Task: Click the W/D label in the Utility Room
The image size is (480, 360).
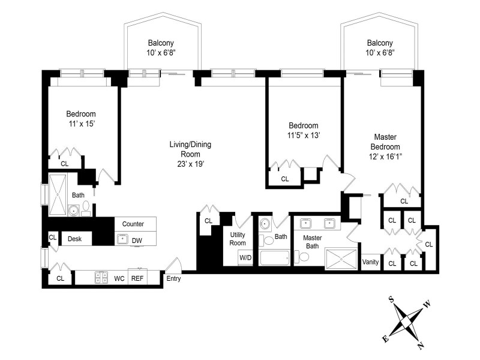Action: coord(245,258)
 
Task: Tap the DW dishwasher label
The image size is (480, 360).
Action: coord(137,239)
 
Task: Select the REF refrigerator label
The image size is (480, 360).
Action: coord(137,278)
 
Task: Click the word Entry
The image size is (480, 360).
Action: coord(173,278)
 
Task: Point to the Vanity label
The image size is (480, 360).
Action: coord(370,262)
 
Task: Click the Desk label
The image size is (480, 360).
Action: coord(74,239)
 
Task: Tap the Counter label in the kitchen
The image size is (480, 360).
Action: coord(133,224)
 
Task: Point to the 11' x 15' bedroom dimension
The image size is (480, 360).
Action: coord(80,124)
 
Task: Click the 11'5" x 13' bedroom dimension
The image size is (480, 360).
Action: coord(303,135)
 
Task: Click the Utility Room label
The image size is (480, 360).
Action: coord(238,238)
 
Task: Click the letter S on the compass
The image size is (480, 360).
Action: coord(391,299)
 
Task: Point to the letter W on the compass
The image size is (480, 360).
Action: coord(427,304)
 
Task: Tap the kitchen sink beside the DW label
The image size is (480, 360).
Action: coord(122,239)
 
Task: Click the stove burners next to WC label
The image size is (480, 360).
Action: coord(100,278)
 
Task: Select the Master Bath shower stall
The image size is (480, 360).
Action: coord(340,259)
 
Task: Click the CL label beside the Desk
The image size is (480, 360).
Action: coord(53,238)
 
